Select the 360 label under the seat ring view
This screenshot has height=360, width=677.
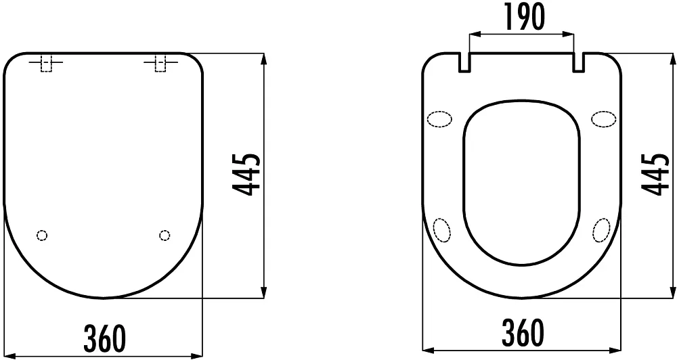coord(523,333)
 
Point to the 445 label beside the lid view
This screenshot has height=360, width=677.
coord(246,174)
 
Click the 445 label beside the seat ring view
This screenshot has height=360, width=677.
coord(655,174)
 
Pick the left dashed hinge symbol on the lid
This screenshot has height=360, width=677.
coord(46,63)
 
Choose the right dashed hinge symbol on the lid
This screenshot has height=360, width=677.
coord(160,63)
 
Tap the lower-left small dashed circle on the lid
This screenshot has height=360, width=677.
coord(42,235)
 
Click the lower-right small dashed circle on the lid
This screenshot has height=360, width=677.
coord(165,235)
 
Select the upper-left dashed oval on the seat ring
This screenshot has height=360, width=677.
coord(439,119)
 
